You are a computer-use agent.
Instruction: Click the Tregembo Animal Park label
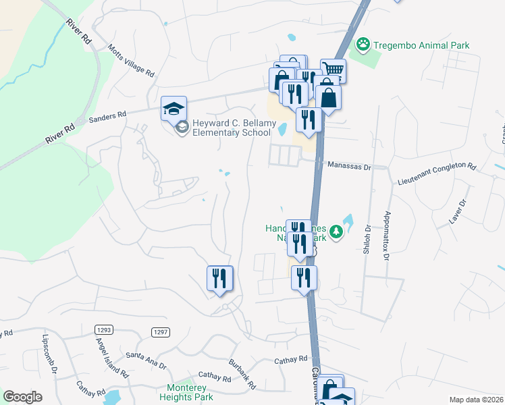(421, 45)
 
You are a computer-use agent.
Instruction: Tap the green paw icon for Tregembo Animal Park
(364, 45)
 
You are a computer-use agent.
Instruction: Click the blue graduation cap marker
(173, 108)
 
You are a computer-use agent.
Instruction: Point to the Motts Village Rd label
(131, 61)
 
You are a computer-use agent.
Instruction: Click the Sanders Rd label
(108, 117)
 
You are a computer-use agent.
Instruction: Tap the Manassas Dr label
(349, 165)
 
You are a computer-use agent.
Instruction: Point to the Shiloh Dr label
(368, 238)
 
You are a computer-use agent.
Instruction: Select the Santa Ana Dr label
(146, 359)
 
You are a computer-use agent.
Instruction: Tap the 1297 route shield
(159, 331)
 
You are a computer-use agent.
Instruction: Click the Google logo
(22, 397)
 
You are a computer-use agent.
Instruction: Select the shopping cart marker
(333, 69)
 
